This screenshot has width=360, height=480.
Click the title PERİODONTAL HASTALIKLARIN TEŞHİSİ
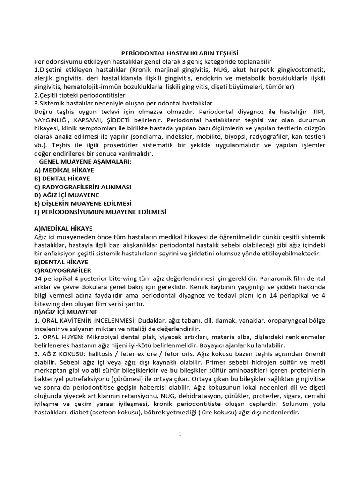click(x=180, y=53)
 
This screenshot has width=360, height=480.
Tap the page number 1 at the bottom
click(x=180, y=434)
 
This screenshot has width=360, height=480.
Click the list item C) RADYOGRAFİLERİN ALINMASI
click(x=82, y=187)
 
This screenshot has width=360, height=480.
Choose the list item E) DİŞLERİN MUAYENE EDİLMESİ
click(x=83, y=203)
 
